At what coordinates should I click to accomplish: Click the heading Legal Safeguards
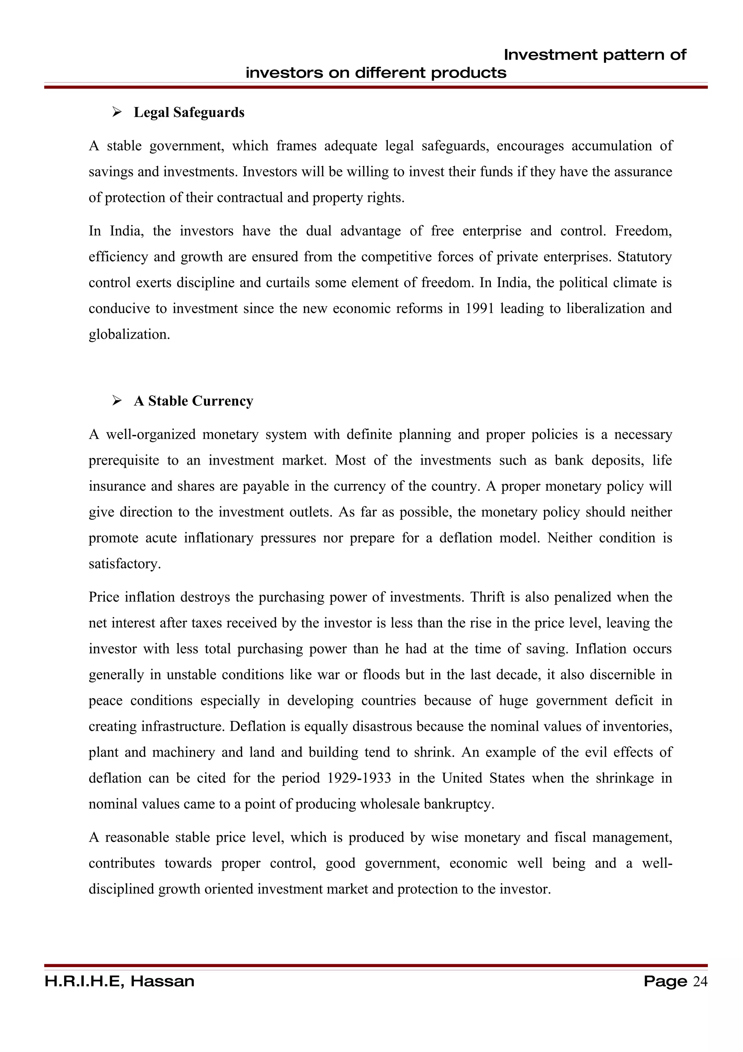click(189, 113)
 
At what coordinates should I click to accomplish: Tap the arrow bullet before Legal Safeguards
click(117, 112)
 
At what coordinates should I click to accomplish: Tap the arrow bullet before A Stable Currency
click(117, 400)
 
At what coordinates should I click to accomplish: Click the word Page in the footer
click(665, 982)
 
